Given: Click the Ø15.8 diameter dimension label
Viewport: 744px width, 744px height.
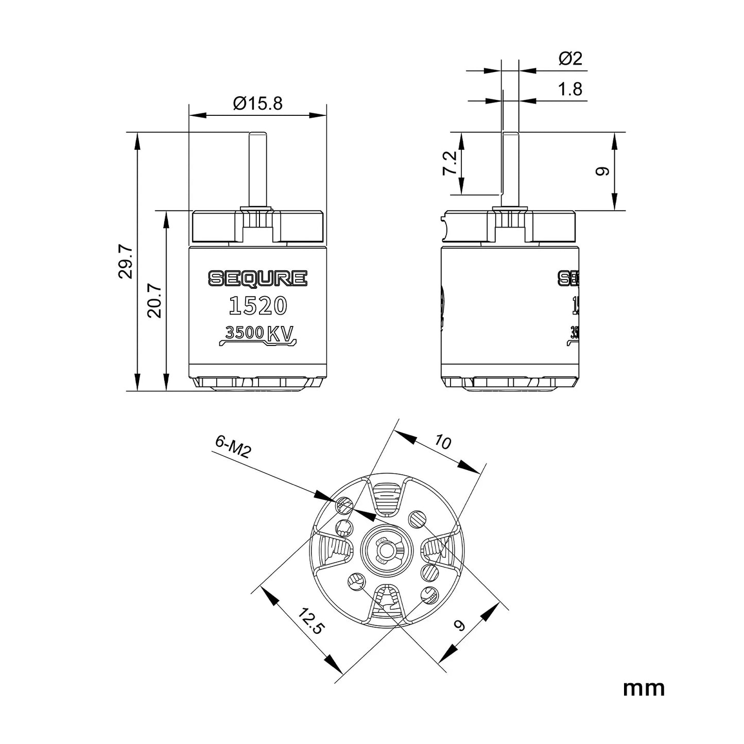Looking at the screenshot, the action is point(257,103).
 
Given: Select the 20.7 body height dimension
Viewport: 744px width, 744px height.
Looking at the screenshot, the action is point(154,301).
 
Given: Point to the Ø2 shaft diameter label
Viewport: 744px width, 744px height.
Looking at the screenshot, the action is point(570,59).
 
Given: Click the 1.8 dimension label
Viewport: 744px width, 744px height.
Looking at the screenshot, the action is point(570,89).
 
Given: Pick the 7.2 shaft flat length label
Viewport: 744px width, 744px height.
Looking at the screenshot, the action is point(450,163).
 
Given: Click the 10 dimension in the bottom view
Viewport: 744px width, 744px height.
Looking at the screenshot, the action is point(443,442).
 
